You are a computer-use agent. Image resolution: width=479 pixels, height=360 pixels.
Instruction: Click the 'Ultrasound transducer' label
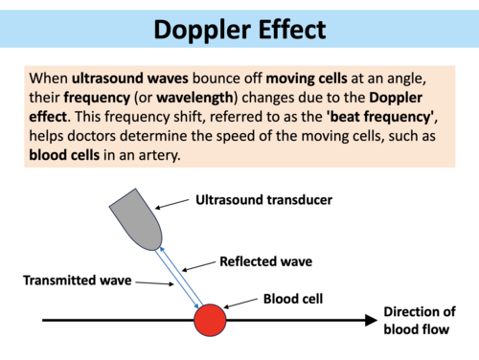coord(263,201)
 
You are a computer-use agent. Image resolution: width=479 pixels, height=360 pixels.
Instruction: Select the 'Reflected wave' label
coord(265,260)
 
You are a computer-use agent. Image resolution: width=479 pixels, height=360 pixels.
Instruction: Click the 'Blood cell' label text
coord(292,298)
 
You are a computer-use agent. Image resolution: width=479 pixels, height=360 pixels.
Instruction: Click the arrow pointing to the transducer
coord(172,204)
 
